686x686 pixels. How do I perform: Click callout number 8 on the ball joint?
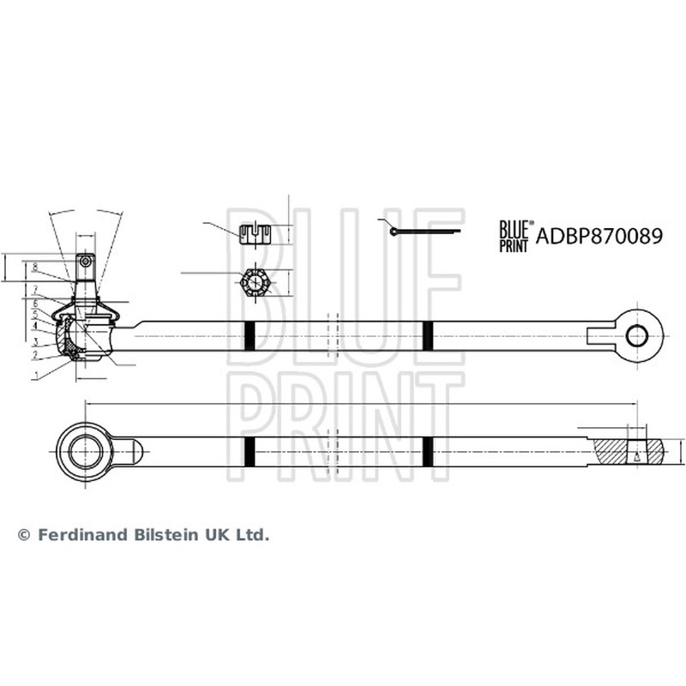point(35,268)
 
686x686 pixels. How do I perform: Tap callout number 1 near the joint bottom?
point(37,375)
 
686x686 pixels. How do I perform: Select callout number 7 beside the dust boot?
point(35,289)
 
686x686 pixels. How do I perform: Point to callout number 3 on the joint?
point(36,340)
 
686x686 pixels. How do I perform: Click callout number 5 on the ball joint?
point(35,315)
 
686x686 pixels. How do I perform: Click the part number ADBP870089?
point(599,237)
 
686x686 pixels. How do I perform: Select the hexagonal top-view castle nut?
point(254,283)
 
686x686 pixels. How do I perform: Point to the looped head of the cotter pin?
point(394,232)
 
